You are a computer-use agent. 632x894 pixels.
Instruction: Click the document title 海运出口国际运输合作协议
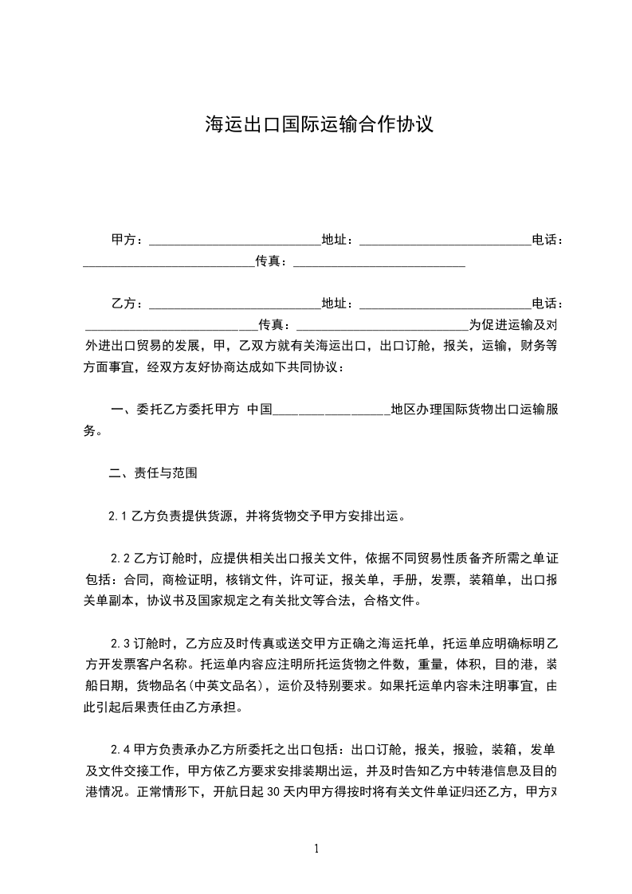tap(319, 124)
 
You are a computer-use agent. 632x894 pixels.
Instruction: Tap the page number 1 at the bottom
tap(317, 849)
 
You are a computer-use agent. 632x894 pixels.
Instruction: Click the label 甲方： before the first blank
tap(127, 239)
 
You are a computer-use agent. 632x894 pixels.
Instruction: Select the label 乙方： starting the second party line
tap(127, 304)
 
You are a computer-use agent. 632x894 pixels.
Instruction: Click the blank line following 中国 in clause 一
tap(332, 412)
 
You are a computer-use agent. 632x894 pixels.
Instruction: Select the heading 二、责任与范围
tap(147, 472)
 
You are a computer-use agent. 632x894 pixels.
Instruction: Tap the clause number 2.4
tap(120, 750)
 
